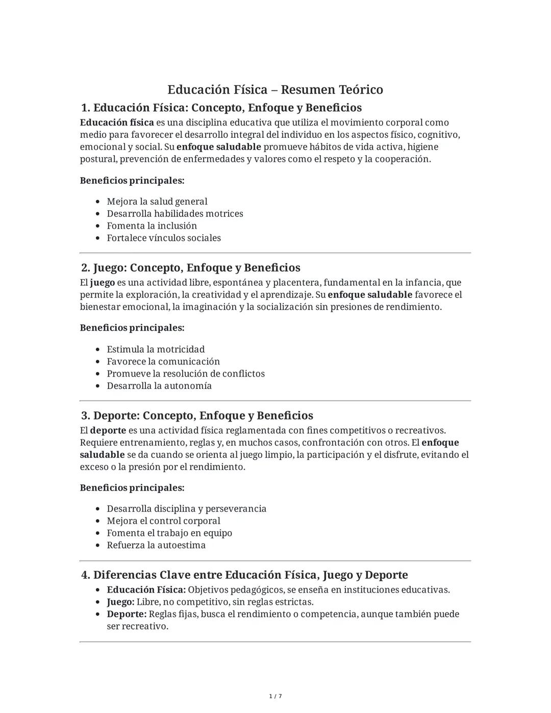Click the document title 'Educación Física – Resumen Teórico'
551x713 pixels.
click(275, 90)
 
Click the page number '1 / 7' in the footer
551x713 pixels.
click(275, 696)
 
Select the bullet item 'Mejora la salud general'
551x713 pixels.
click(157, 202)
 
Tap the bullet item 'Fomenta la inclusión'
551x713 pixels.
click(152, 226)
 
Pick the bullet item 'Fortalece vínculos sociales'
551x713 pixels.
click(163, 238)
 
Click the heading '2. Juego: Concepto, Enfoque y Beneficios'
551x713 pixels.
click(191, 268)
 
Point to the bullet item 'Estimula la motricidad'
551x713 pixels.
click(156, 349)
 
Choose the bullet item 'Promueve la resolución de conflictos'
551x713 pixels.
click(185, 374)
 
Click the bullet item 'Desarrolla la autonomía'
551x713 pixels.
click(159, 386)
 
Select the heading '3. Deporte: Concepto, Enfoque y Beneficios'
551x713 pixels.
click(197, 415)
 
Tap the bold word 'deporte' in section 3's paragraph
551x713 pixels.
click(108, 430)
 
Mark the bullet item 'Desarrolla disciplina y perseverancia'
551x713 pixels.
click(186, 509)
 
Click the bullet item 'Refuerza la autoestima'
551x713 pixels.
click(156, 545)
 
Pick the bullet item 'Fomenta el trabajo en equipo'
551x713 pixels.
click(169, 533)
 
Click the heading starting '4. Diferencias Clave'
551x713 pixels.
click(244, 575)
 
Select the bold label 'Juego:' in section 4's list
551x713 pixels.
click(120, 602)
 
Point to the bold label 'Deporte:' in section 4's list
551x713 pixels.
click(127, 614)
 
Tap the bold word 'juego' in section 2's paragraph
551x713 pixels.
click(103, 283)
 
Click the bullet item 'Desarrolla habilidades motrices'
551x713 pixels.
click(174, 214)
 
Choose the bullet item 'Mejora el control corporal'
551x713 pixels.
click(163, 521)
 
